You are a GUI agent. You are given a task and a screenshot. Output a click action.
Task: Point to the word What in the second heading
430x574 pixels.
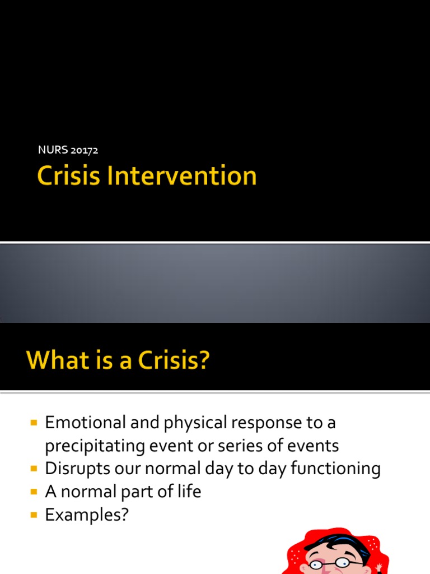pos(53,360)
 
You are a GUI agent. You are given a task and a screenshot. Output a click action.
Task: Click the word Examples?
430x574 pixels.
pos(87,515)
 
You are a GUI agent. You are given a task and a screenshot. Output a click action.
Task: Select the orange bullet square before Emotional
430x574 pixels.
pos(34,422)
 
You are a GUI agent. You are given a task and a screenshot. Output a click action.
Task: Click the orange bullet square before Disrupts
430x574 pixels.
pos(34,468)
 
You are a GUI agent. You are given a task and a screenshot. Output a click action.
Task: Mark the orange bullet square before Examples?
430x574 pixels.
pos(34,514)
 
